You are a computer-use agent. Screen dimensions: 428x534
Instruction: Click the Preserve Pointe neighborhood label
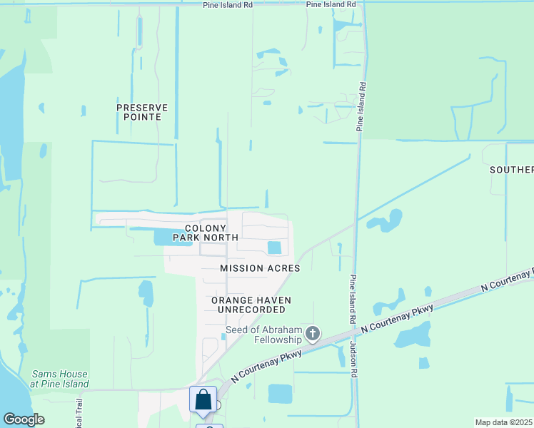(142, 112)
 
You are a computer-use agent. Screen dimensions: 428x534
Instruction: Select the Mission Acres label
(260, 268)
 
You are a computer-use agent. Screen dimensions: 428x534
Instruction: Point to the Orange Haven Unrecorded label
(248, 305)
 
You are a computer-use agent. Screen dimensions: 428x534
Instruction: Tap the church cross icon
(313, 333)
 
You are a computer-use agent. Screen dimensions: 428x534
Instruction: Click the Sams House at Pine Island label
(60, 379)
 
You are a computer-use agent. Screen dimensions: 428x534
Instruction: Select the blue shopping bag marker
(203, 400)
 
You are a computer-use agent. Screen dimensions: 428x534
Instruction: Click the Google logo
(24, 419)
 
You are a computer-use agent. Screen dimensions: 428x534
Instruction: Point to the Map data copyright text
(504, 422)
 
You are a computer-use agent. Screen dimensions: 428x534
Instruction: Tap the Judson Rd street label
(353, 357)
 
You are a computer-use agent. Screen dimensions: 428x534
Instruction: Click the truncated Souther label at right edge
(511, 170)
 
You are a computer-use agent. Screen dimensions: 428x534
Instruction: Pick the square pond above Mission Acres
(274, 248)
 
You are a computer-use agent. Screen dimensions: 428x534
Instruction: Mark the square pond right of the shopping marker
(280, 393)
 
